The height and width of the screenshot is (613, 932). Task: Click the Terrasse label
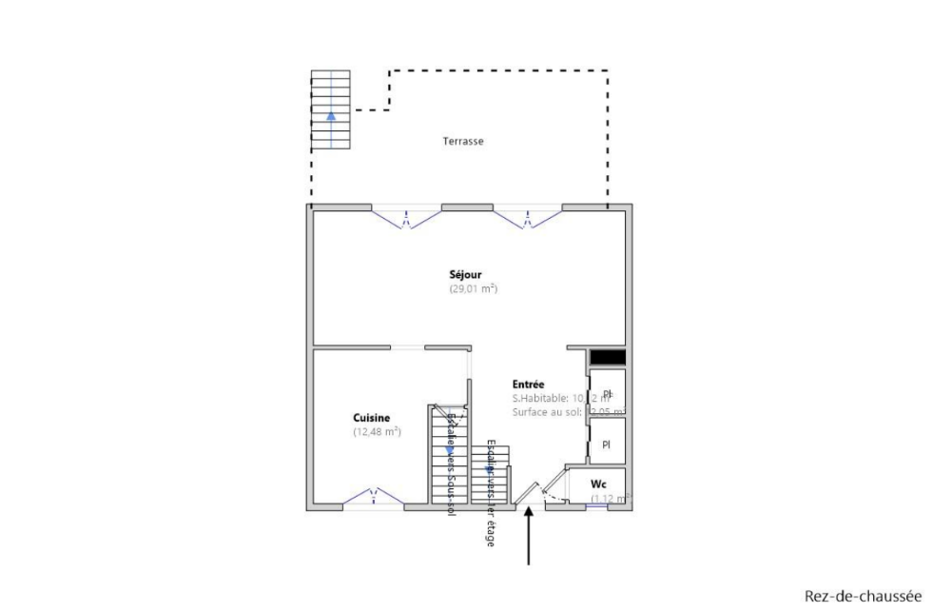click(463, 141)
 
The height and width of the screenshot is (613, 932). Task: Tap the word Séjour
click(465, 274)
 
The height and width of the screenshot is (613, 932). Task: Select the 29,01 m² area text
click(475, 288)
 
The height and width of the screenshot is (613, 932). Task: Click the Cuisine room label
click(371, 417)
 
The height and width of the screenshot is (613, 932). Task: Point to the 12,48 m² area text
click(378, 431)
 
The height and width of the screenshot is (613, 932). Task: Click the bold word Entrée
click(528, 384)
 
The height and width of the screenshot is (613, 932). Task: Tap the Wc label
click(598, 484)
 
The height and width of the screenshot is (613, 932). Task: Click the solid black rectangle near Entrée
click(607, 357)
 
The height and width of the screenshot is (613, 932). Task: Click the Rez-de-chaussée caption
click(857, 596)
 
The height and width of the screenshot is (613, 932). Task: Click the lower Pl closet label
click(606, 445)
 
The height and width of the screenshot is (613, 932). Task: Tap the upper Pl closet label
click(607, 393)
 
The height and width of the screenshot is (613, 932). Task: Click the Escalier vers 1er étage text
click(491, 493)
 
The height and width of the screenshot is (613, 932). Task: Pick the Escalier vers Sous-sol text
click(451, 466)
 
